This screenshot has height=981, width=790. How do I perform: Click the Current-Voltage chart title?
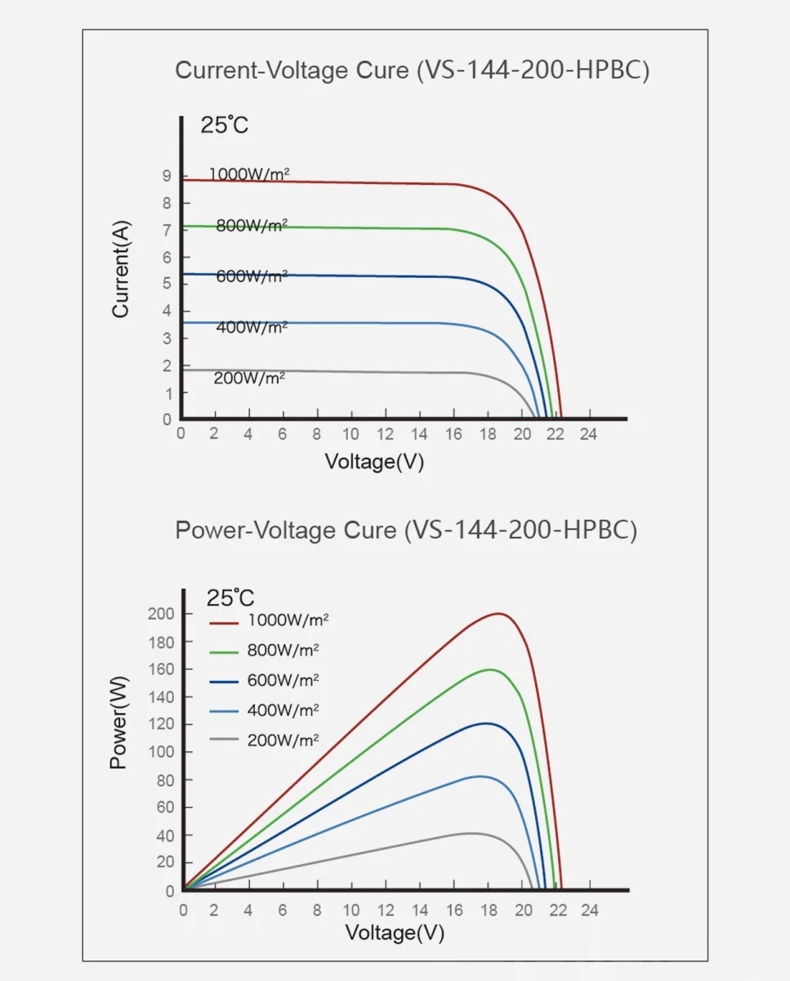(x=413, y=70)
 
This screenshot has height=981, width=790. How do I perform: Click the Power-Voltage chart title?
(x=406, y=531)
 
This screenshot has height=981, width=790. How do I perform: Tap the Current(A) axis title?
(x=121, y=270)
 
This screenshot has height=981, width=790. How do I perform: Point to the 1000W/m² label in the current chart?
(x=249, y=174)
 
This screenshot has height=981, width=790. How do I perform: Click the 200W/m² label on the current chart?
(x=249, y=378)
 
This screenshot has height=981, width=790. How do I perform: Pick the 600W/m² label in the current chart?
(x=252, y=276)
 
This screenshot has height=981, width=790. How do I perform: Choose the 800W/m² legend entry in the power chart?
(x=283, y=651)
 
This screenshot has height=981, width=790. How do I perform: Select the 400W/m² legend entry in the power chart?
(x=283, y=710)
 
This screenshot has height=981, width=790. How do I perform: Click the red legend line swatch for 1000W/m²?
(x=223, y=622)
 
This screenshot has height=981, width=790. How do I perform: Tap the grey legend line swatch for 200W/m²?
(x=223, y=740)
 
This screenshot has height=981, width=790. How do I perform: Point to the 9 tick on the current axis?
(x=167, y=176)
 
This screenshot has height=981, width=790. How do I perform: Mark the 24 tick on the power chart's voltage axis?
(x=589, y=910)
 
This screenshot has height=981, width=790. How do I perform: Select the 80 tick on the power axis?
(x=164, y=780)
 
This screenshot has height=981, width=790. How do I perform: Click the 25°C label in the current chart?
(x=224, y=126)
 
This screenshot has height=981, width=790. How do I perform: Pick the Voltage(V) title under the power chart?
(x=395, y=933)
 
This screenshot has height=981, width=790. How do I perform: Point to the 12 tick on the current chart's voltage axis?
(x=385, y=434)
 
